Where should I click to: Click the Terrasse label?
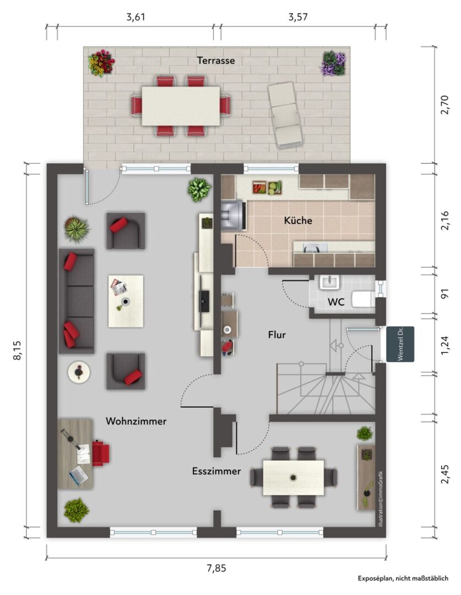[x=216, y=61]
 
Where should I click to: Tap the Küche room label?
[x=298, y=220]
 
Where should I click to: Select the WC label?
[x=336, y=302]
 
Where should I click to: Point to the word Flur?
[x=277, y=335]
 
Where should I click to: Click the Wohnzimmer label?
[x=136, y=421]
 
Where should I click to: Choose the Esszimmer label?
[x=216, y=471]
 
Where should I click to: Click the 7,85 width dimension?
[x=216, y=568]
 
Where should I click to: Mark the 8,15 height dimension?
[x=18, y=350]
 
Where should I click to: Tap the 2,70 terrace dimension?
[x=444, y=105]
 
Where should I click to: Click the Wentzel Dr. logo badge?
[x=400, y=344]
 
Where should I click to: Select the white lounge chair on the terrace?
[x=285, y=115]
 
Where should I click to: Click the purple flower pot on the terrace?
[x=334, y=63]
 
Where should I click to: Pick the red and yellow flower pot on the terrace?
[x=101, y=63]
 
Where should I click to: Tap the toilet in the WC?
[x=363, y=299]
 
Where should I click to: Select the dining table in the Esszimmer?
[x=294, y=478]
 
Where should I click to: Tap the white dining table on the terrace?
[x=181, y=106]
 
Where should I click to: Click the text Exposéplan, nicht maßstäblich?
[x=403, y=578]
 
